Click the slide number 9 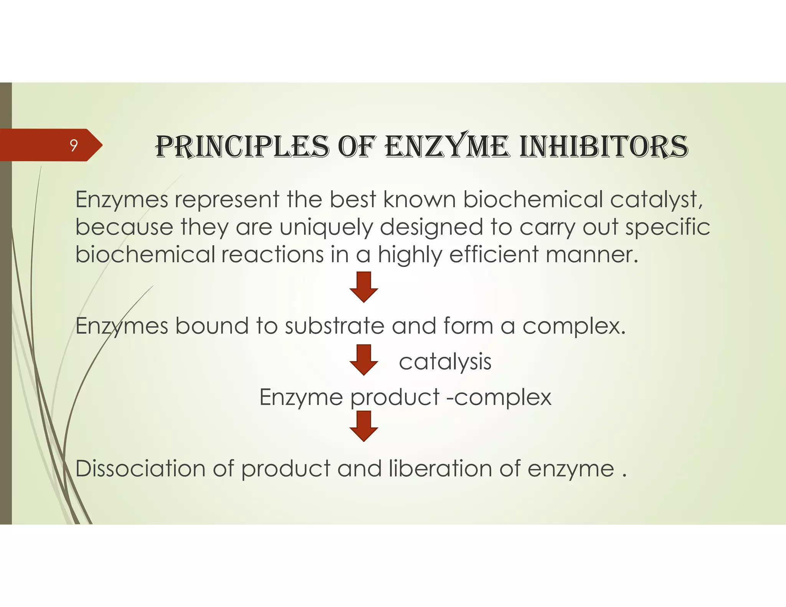(x=73, y=145)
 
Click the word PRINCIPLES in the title (x=242, y=147)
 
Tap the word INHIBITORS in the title (x=603, y=147)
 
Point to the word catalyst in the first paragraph (x=657, y=200)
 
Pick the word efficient (x=494, y=254)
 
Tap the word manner (x=591, y=254)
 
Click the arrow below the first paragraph (x=364, y=287)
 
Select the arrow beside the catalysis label (x=364, y=360)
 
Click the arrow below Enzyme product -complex (x=364, y=426)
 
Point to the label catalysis (x=445, y=362)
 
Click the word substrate (x=334, y=326)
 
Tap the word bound (x=212, y=326)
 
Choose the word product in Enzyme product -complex (x=395, y=398)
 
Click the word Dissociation (x=140, y=468)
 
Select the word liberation (x=440, y=468)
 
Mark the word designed (x=431, y=227)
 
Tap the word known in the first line (x=419, y=200)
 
